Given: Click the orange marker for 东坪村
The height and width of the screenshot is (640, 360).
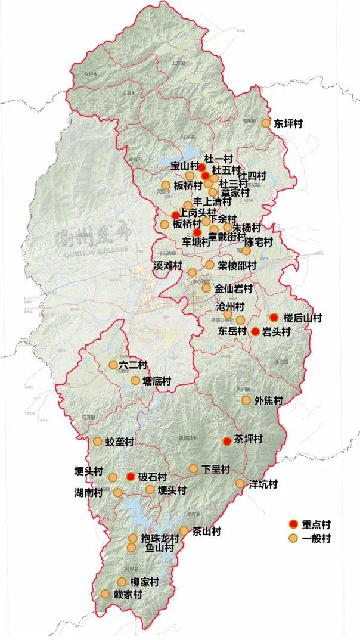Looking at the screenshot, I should coord(266,123).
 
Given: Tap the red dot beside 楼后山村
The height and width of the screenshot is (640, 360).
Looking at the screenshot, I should coord(274,317).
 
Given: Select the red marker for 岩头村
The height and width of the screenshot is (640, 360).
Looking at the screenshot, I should coord(256,331).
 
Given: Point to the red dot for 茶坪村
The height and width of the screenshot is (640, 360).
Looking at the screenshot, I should coord(226,441).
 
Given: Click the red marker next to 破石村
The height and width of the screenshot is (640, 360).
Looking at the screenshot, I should coord(131,477).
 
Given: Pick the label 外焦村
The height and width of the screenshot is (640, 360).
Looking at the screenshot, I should coord(268,400).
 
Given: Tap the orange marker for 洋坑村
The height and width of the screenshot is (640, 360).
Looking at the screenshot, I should coord(240,484).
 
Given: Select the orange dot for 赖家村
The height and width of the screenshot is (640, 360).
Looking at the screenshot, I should coord(105,594).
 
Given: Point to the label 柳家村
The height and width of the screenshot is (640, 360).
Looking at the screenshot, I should coord(145,582).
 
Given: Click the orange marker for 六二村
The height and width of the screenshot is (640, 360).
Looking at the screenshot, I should coord(113,365).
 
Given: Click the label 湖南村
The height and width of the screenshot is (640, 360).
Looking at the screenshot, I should coord(89,493).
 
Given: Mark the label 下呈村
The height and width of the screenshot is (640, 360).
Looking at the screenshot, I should coord(216,469).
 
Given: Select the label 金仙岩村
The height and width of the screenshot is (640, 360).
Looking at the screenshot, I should coord(235,288).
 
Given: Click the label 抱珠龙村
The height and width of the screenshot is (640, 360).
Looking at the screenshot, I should coord(160,538).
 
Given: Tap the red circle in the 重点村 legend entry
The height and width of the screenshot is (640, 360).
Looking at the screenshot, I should coord(293,524).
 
